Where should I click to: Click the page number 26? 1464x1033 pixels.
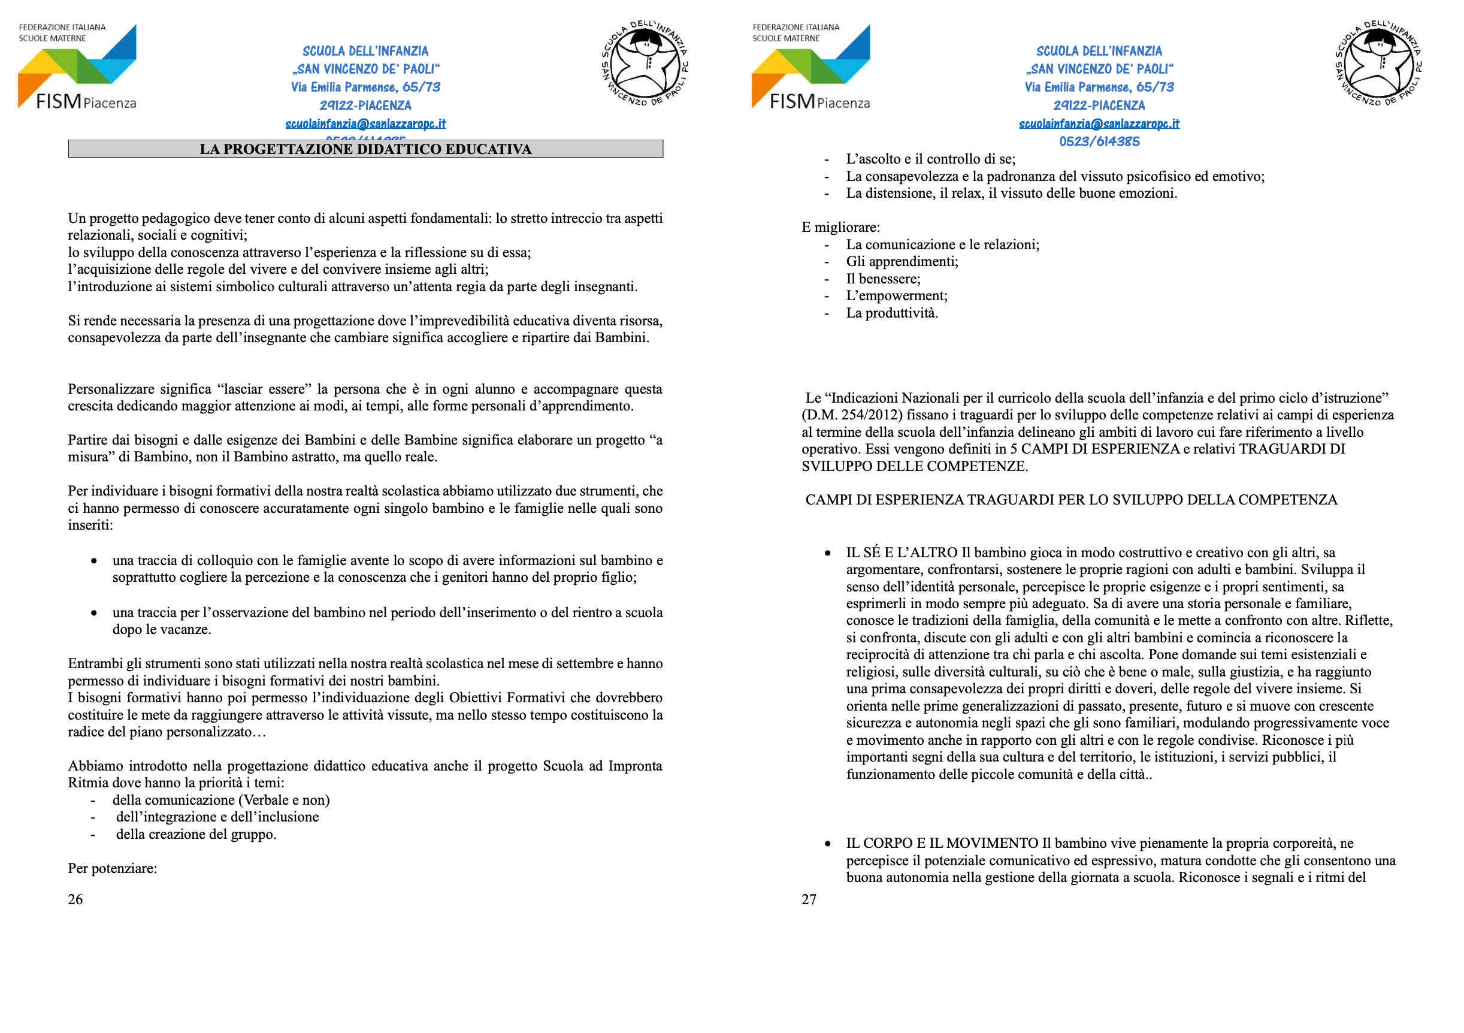tap(75, 899)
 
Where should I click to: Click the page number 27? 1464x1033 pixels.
tap(809, 899)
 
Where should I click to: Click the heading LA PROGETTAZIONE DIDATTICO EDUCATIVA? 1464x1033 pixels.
tap(365, 149)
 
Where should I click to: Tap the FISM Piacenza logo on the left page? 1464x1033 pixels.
tap(77, 67)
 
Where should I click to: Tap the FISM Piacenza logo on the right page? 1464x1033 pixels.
tap(811, 67)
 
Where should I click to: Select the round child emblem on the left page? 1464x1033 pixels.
tap(645, 64)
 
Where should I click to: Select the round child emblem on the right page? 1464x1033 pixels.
tap(1379, 64)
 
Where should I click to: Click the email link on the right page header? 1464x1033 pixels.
tap(1099, 123)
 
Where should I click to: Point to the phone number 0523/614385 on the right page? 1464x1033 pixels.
tap(1099, 141)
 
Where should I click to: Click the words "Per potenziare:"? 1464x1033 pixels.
tap(112, 868)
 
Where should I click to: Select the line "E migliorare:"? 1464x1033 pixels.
tap(840, 228)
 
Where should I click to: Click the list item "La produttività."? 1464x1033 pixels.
tap(891, 313)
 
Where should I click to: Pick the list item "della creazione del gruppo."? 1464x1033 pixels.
tap(196, 834)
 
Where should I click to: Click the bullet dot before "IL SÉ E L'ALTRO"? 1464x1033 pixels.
tap(828, 554)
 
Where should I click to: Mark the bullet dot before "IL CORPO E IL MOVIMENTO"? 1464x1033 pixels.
tap(828, 844)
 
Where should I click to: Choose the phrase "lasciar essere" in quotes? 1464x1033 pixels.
tap(264, 389)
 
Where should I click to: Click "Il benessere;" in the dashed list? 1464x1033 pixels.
tap(883, 279)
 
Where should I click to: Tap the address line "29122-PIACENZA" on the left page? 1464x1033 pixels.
tap(365, 105)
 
